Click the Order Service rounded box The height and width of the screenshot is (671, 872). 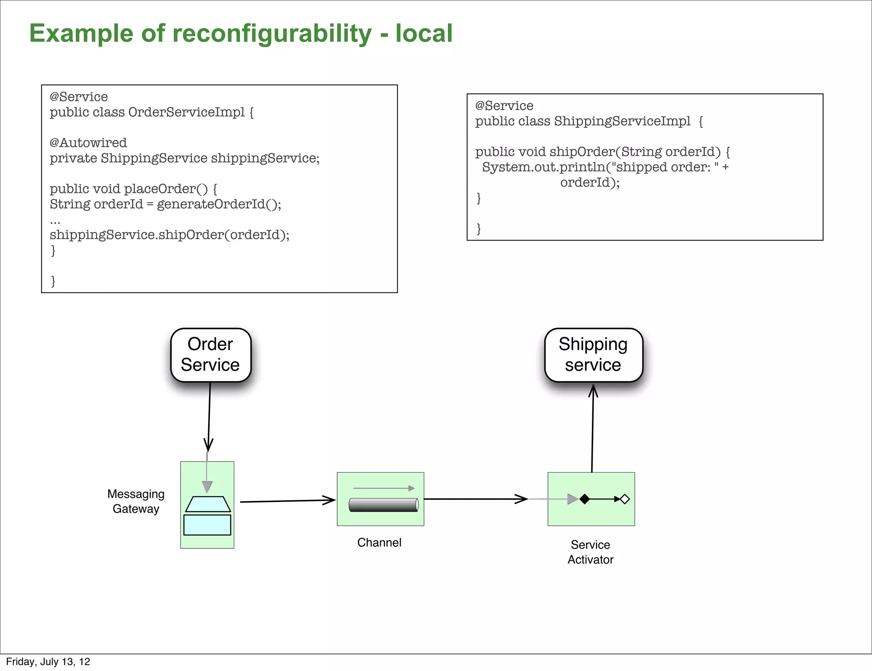[x=210, y=355]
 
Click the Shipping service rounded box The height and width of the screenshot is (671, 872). [x=593, y=355]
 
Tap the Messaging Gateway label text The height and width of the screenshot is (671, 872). [x=136, y=501]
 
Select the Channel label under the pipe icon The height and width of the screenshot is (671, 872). [x=379, y=542]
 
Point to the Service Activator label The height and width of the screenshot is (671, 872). [x=590, y=552]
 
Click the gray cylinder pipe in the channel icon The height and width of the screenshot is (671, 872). [x=383, y=505]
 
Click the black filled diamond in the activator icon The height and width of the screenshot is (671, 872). [x=585, y=499]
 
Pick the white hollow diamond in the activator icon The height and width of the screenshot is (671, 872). [x=625, y=499]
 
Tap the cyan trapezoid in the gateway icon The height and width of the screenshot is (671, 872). [x=208, y=504]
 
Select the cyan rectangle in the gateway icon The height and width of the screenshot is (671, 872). [x=207, y=525]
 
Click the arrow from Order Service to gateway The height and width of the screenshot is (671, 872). [x=209, y=417]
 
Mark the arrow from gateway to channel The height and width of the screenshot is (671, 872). [x=287, y=501]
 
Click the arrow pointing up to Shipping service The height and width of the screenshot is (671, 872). [x=593, y=430]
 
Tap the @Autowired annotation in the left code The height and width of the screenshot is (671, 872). [x=88, y=143]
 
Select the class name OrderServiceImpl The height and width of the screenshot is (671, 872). [x=186, y=112]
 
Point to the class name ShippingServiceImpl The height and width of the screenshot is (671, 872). [x=622, y=121]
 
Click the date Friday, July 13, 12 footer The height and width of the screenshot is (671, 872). [x=48, y=662]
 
